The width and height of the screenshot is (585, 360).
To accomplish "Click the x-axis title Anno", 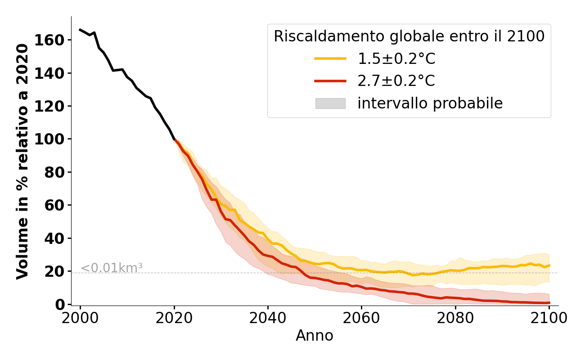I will tap(315, 336).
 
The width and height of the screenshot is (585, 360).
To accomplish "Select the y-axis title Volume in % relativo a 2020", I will tap(22, 162).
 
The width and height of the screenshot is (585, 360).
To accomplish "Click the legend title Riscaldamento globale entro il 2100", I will tap(409, 36).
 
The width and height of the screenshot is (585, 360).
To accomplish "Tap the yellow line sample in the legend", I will tap(330, 58).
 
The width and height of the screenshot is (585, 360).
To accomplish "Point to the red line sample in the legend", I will tap(330, 81).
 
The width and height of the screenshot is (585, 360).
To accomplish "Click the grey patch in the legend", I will tap(330, 103).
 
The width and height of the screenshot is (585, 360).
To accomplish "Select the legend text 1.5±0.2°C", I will tap(396, 58).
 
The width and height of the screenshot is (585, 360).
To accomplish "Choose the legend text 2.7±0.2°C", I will tap(396, 81).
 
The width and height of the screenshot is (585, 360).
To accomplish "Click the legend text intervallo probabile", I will tap(430, 103).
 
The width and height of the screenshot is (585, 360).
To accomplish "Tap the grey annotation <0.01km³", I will tap(112, 268).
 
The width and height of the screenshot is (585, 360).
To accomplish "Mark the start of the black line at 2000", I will tap(80, 30).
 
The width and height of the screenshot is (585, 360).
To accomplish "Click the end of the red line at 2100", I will tap(549, 303).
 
